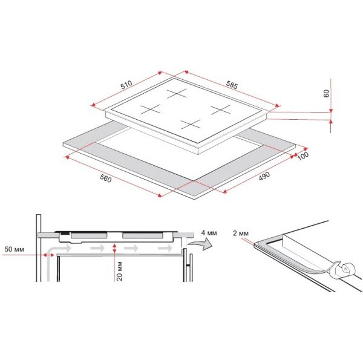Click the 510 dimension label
coord(126,85)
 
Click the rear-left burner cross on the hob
coord(177,94)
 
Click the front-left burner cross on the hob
coord(150,109)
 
